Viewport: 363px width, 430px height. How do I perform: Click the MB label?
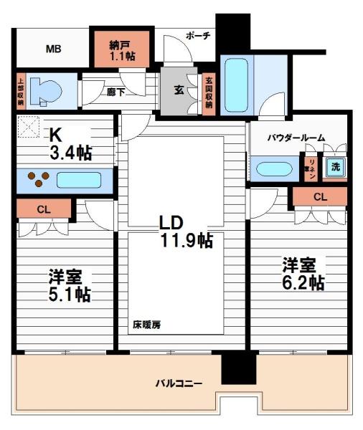53,49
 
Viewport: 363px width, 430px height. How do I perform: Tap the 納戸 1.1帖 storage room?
121,47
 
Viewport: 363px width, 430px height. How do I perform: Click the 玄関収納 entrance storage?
209,91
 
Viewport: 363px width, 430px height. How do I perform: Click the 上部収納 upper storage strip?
20,91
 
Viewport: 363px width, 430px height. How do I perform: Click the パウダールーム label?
296,137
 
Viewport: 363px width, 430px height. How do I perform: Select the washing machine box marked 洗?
334,168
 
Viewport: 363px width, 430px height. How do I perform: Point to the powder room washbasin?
273,170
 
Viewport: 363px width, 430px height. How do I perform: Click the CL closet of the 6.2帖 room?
320,196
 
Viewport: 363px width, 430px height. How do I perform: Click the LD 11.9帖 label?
185,231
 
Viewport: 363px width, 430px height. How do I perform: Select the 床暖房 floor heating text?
146,325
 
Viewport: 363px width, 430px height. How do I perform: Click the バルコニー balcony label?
179,383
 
